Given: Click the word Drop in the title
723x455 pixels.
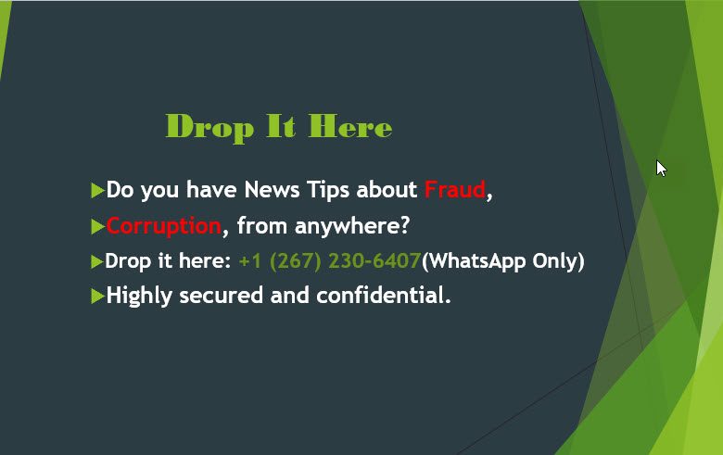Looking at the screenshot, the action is click(x=209, y=128).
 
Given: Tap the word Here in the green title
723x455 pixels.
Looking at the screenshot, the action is click(x=350, y=126).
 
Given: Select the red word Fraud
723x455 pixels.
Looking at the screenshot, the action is click(x=455, y=189).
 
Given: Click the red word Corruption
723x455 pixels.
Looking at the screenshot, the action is click(x=164, y=227).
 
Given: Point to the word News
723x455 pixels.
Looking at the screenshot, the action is click(x=272, y=189).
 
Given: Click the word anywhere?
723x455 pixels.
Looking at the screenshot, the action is click(x=352, y=226).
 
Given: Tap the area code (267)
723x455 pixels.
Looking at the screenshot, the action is click(x=295, y=261).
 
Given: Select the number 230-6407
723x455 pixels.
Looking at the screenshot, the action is click(x=374, y=261).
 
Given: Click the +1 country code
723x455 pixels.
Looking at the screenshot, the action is click(x=250, y=261).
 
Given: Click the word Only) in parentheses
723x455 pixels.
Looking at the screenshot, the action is click(x=558, y=262).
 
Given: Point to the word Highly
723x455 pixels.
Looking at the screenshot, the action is click(x=139, y=296).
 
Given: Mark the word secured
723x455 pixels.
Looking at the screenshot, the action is click(x=222, y=295).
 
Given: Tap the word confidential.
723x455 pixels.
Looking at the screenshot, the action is click(x=384, y=295).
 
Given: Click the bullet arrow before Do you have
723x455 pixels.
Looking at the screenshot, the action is click(x=97, y=190).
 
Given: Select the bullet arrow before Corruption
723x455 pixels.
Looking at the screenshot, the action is click(x=97, y=227).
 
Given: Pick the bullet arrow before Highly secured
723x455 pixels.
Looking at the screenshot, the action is click(x=97, y=296).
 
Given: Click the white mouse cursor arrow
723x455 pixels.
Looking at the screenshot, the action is click(x=661, y=169).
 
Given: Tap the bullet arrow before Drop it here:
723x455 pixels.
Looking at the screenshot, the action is click(x=96, y=262).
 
